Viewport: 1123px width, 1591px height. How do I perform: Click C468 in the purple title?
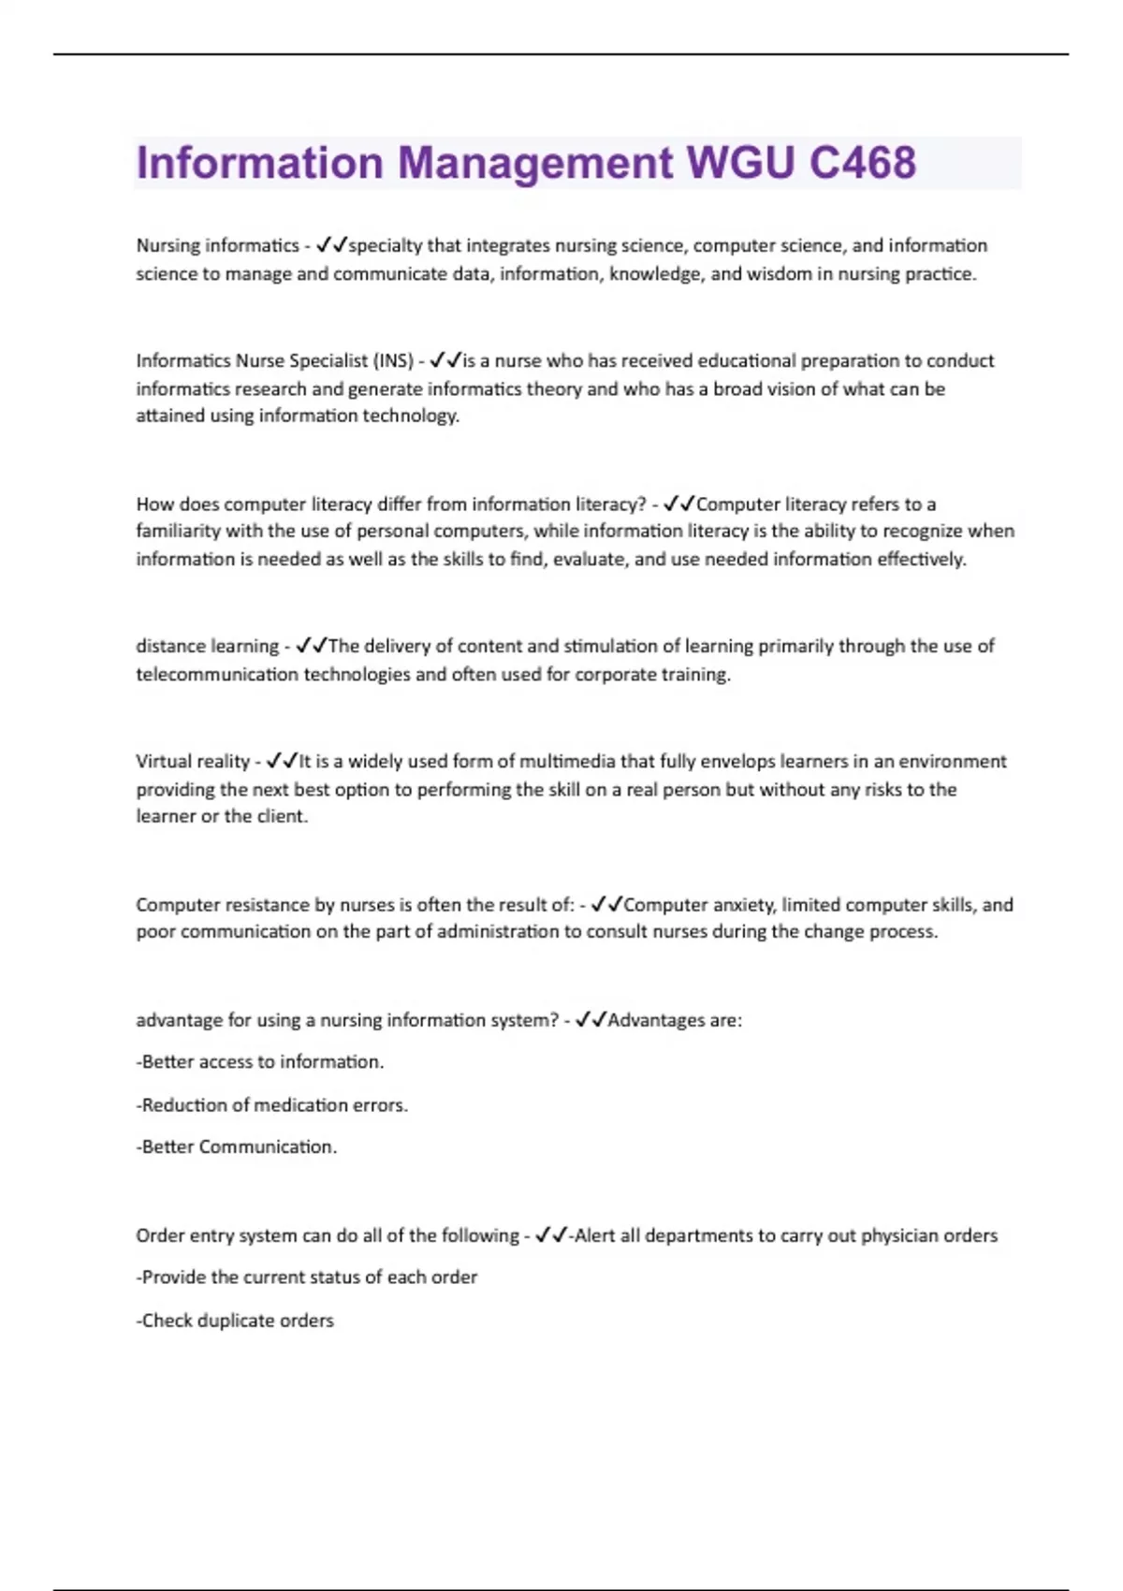(x=862, y=163)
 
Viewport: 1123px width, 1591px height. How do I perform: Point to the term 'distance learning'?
(x=207, y=646)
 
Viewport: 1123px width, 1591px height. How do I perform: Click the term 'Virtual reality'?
(x=193, y=761)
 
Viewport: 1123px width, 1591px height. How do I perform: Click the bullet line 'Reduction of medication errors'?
(x=272, y=1105)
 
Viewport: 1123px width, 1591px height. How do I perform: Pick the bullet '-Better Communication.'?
(x=237, y=1147)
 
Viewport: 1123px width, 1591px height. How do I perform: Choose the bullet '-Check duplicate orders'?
(x=235, y=1321)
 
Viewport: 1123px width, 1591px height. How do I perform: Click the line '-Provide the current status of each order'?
(x=307, y=1277)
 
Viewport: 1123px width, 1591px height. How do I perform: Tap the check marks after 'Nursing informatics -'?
(x=331, y=245)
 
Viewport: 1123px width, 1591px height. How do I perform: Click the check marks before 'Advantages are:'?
(x=591, y=1020)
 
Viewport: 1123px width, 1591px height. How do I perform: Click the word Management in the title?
(x=535, y=163)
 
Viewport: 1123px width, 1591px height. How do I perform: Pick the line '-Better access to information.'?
(x=260, y=1062)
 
